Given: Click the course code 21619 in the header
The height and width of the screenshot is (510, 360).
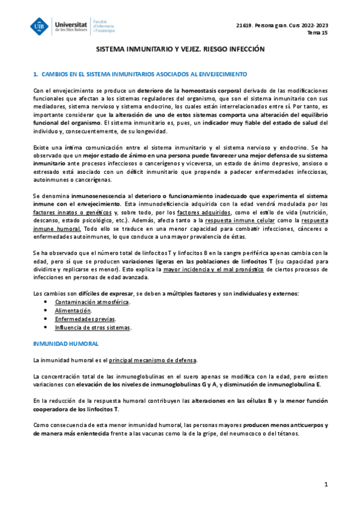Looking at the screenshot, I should pos(245,25).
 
